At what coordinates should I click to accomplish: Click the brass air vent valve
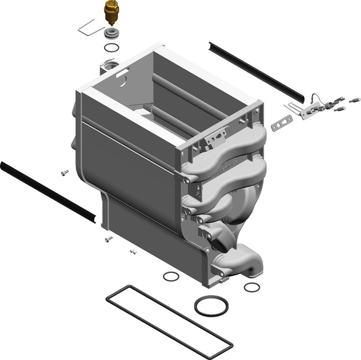111,12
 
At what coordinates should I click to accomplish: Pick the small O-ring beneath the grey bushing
111,48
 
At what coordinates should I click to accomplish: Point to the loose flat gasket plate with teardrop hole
282,123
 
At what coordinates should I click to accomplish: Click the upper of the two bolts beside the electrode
355,100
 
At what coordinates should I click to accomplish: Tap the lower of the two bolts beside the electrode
340,109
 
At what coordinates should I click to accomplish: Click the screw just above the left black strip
65,172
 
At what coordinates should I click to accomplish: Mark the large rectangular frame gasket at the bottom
169,321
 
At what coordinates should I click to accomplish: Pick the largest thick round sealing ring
211,306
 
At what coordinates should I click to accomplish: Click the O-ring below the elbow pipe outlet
251,287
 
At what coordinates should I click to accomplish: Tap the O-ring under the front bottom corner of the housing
171,276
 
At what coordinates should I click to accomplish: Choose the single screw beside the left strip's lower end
109,238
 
